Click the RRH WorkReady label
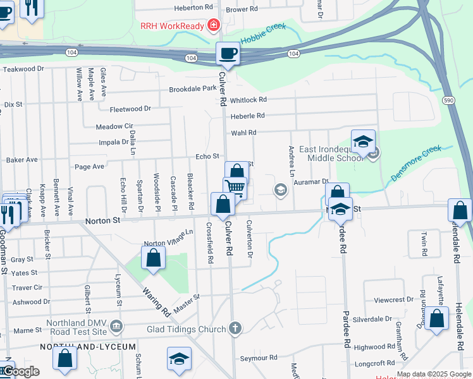[173, 25]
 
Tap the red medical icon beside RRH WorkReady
[214, 25]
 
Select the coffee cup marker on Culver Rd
[228, 54]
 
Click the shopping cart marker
[235, 188]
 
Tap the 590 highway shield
[448, 100]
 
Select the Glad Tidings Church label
[185, 329]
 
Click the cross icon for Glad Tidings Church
[235, 327]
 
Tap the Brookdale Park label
[193, 89]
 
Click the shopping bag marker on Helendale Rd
[460, 210]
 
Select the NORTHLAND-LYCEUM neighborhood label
[88, 347]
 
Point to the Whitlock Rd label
[249, 100]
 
